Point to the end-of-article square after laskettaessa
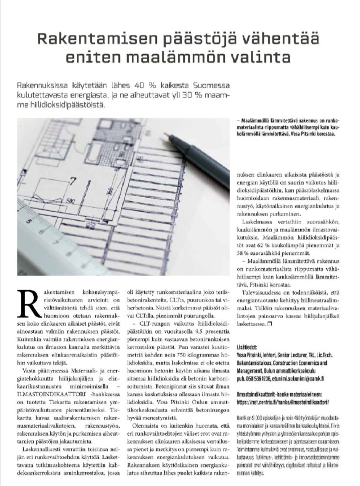tap(269, 324)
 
